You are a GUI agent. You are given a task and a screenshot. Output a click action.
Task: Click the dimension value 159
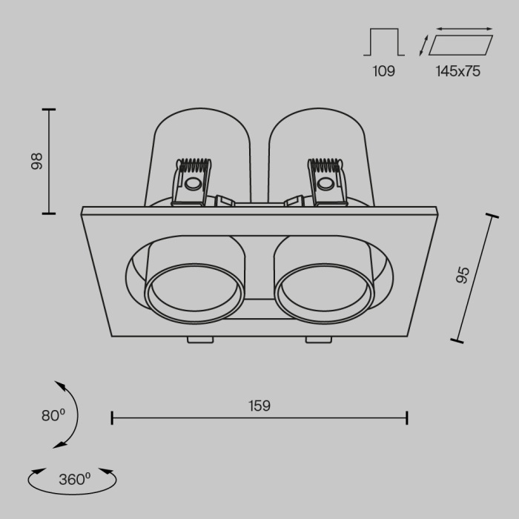(259, 406)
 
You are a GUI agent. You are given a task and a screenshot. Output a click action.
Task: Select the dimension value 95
(463, 276)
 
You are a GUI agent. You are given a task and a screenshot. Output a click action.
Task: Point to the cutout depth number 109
(383, 71)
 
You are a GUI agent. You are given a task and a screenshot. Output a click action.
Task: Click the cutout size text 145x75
(458, 71)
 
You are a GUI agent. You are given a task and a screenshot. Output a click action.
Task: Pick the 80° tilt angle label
(54, 416)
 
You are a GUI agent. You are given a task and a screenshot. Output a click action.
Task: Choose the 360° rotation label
(73, 479)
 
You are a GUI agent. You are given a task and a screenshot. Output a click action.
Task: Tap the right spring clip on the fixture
(326, 182)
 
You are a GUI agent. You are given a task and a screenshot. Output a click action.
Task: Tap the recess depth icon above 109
(383, 42)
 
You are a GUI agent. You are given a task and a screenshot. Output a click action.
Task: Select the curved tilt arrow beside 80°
(71, 414)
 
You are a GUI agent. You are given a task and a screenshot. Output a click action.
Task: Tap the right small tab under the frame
(317, 340)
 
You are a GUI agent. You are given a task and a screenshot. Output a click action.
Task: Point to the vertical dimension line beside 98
(49, 162)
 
